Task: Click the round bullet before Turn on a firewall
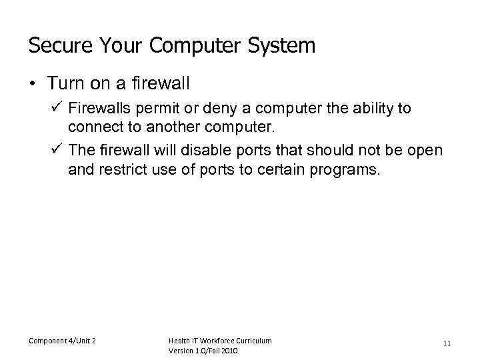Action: click(33, 85)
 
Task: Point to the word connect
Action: click(93, 127)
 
